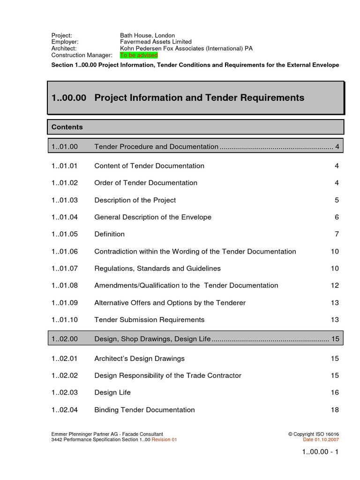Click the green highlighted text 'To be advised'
(x=139, y=55)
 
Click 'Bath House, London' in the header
(x=147, y=36)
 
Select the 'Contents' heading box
(x=195, y=127)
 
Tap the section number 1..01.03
(x=65, y=200)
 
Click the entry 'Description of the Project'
(x=135, y=200)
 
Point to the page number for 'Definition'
(x=336, y=234)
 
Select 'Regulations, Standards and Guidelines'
(x=157, y=269)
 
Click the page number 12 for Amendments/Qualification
(x=334, y=285)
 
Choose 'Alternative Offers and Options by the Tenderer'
(x=170, y=303)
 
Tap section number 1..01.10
(x=65, y=320)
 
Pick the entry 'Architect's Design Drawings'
(x=139, y=359)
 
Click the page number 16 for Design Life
(x=334, y=392)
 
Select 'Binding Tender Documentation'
(x=144, y=410)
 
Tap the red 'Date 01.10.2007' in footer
(x=321, y=440)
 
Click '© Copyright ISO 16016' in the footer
(x=313, y=435)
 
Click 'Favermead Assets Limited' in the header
(x=156, y=42)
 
